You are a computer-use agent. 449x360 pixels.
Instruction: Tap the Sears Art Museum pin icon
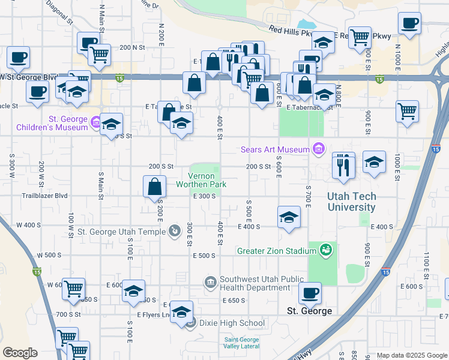(318, 149)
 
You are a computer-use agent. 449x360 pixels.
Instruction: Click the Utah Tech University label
(352, 202)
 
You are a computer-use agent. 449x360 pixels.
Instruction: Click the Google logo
(20, 353)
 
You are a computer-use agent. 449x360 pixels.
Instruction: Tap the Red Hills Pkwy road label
(291, 29)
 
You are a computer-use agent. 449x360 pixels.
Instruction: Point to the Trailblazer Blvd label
(44, 196)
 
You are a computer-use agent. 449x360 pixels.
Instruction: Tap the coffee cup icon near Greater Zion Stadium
(310, 292)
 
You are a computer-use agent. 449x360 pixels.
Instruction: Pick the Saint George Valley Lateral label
(241, 343)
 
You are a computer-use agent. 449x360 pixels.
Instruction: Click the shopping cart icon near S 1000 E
(408, 110)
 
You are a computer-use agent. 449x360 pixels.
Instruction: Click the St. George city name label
(309, 311)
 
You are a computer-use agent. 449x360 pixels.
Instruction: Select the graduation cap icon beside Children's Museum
(112, 124)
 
